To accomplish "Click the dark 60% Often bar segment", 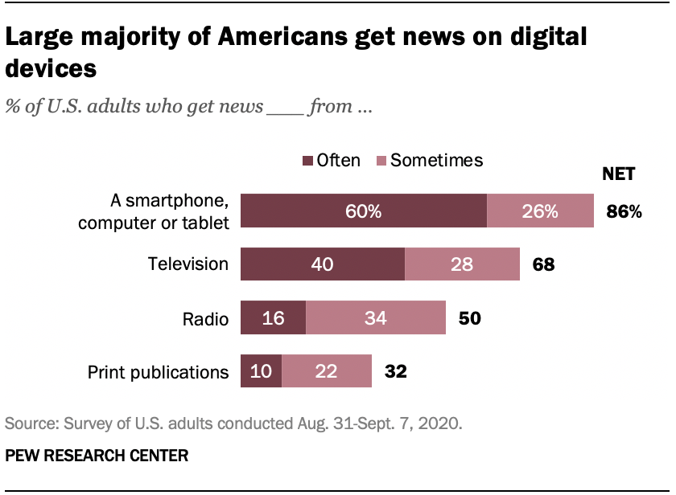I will click(x=364, y=211).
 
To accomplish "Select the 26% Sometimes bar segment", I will click(x=540, y=211).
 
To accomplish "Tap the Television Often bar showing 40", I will click(x=323, y=264).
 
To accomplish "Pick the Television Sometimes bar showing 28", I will click(x=462, y=264).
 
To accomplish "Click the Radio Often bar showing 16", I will click(x=274, y=318).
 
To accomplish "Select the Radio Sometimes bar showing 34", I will click(x=376, y=318).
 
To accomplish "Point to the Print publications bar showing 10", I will click(x=262, y=372).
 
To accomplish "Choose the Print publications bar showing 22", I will click(x=327, y=372).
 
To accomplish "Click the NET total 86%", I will click(x=624, y=212).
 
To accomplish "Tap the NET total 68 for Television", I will click(x=543, y=264).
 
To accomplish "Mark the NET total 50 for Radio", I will click(x=469, y=318).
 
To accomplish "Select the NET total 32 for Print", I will click(x=395, y=372).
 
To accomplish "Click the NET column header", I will click(x=619, y=174).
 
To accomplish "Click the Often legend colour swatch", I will click(x=307, y=161).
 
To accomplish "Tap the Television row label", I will click(x=188, y=264).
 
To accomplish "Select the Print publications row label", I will click(x=158, y=372).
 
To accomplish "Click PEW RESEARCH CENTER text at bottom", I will click(x=97, y=456).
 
